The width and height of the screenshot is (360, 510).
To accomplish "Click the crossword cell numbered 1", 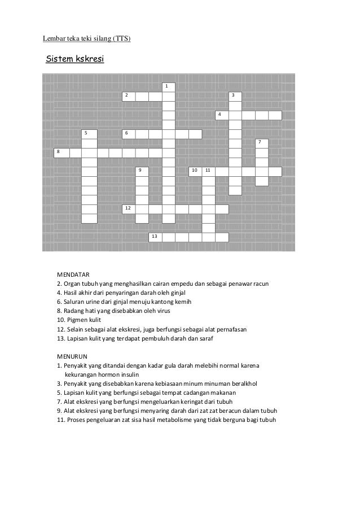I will click(168, 88).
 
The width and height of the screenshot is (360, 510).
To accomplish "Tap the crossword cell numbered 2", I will click(129, 96).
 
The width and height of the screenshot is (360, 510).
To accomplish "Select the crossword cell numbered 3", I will click(235, 96).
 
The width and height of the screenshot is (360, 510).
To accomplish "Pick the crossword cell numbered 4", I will click(222, 115).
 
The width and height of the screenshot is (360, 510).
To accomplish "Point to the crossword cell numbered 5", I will click(89, 134).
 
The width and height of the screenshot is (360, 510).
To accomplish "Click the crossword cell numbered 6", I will click(129, 134).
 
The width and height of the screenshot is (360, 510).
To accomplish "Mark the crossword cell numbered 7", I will click(261, 143).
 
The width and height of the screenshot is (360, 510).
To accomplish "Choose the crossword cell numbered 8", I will click(61, 152).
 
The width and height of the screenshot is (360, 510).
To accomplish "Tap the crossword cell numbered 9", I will click(142, 171).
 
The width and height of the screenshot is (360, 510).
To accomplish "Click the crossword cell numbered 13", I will click(155, 237).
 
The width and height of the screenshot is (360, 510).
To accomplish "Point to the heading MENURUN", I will click(72, 356).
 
